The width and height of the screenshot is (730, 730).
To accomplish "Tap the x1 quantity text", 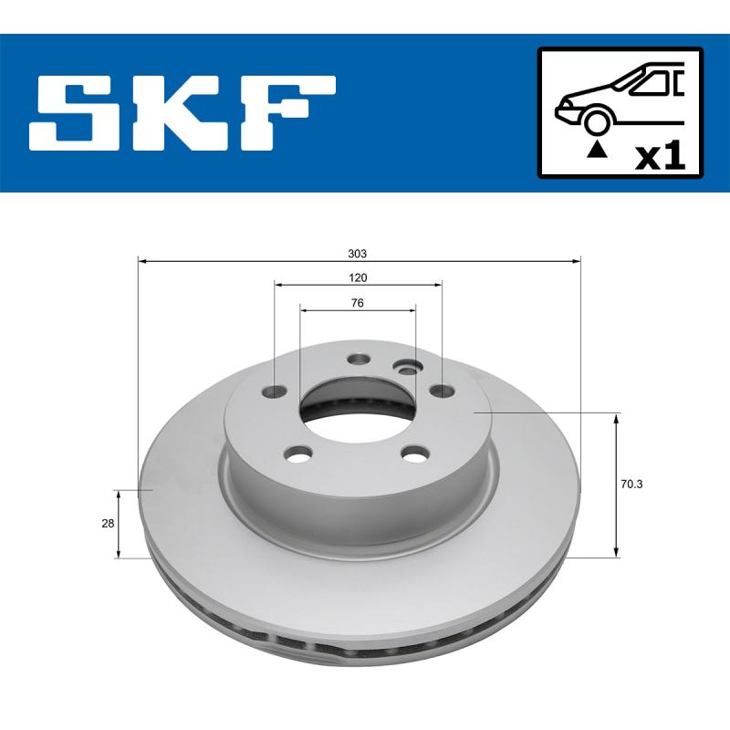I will (659, 156).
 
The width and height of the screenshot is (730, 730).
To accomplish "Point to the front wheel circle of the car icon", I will (597, 121).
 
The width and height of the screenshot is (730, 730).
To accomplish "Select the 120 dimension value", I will (358, 277).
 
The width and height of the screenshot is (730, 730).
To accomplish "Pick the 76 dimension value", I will (358, 303).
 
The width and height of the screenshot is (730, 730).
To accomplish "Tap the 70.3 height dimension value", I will (631, 485).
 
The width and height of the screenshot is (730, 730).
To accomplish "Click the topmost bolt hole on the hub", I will (358, 360).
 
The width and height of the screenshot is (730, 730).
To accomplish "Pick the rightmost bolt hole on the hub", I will (442, 391).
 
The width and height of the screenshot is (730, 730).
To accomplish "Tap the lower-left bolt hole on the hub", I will (297, 453).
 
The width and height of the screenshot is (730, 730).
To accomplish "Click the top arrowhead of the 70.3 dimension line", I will (617, 419).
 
